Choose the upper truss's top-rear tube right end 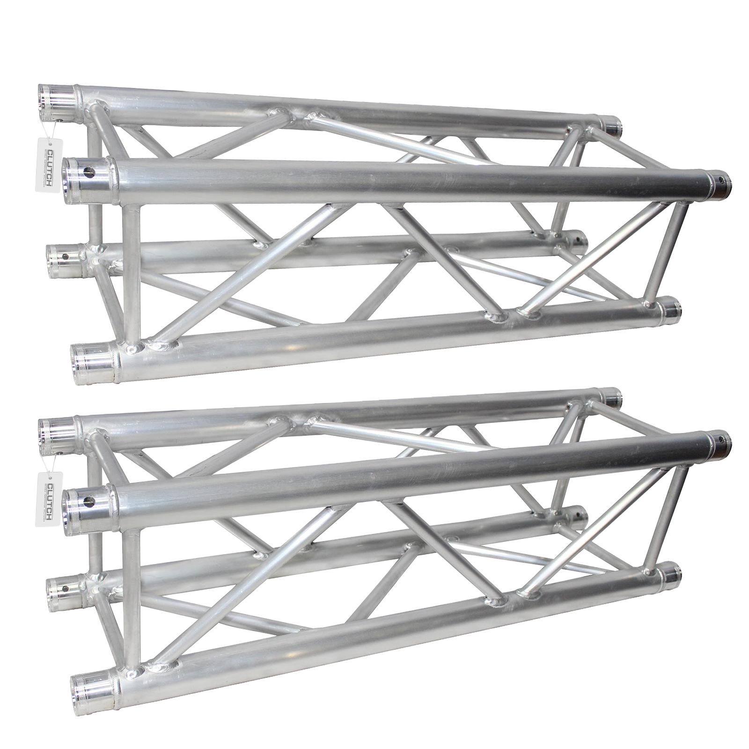[611, 125]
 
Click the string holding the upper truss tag [53, 130]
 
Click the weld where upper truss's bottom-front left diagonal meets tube [162, 345]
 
